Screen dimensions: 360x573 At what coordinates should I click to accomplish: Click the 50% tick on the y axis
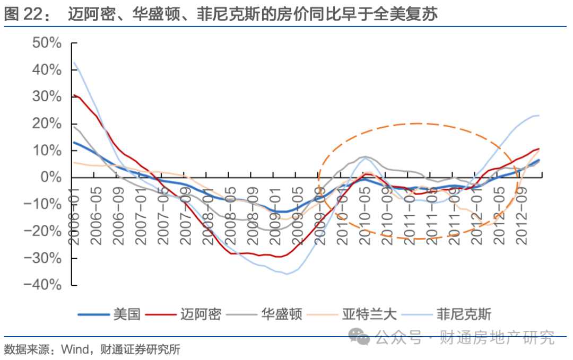pyautogui.click(x=47, y=43)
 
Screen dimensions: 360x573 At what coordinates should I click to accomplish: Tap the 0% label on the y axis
pyautogui.click(x=51, y=178)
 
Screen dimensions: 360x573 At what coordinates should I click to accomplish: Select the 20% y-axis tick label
pyautogui.click(x=47, y=124)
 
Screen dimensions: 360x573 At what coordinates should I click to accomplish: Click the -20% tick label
pyautogui.click(x=43, y=231)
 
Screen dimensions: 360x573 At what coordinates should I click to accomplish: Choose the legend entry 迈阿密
pyautogui.click(x=200, y=314)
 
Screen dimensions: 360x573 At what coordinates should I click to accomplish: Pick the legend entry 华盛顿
pyautogui.click(x=281, y=314)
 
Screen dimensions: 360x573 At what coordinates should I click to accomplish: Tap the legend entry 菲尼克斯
pyautogui.click(x=463, y=314)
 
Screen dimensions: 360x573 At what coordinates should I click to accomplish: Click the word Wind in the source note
pyautogui.click(x=73, y=349)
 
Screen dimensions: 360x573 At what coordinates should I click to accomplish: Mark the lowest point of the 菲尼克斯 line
pyautogui.click(x=287, y=274)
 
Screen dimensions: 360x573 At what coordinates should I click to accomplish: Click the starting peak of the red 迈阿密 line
pyautogui.click(x=74, y=95)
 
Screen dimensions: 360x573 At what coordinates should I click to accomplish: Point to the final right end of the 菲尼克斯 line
pyautogui.click(x=539, y=115)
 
